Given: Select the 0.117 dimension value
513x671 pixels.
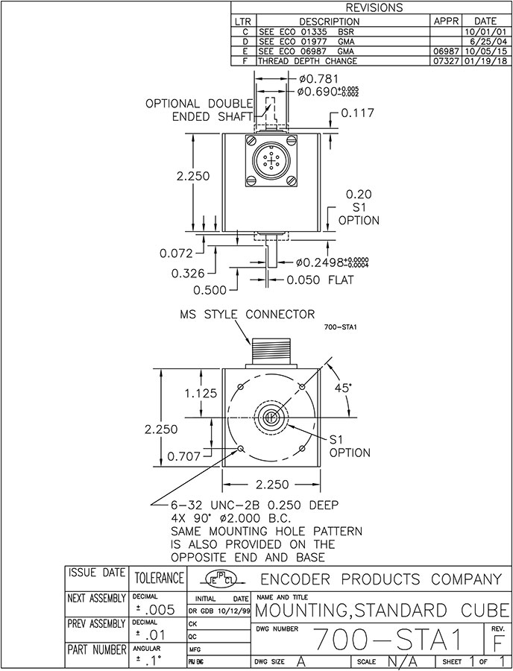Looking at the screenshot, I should coord(358,113).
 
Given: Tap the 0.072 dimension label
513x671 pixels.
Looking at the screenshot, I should coord(176,253).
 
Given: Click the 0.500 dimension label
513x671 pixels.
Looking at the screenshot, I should coord(211,289).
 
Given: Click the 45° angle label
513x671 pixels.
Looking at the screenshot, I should coord(343,388).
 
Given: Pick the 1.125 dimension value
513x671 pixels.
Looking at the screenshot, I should coord(202,393).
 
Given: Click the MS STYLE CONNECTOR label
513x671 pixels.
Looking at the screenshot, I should coord(245,314).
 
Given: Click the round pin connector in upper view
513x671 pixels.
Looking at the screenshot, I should coord(270,161).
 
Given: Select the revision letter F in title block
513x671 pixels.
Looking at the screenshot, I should coord(499,642).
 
